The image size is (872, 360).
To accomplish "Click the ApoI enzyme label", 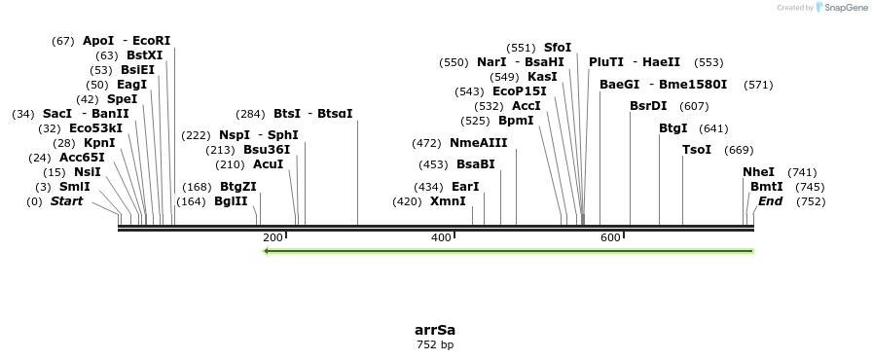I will point(98,41).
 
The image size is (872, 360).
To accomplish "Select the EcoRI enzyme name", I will point(151,41).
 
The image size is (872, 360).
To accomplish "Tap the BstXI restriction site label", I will point(144,55).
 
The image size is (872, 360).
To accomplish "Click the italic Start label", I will point(66,201).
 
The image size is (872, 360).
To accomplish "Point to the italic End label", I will point(770,201).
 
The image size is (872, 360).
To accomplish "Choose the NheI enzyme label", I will point(758,172).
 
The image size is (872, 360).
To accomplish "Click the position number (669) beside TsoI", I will point(740,150).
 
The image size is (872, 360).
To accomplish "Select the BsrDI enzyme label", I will point(648,106).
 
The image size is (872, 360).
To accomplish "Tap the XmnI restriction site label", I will point(449,201).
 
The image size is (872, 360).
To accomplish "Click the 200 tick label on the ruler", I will point(272,237).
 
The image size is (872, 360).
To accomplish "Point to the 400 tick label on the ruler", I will point(441,237).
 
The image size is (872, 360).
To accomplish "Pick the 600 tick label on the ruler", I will point(610,237).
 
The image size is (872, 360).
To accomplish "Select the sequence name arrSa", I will point(435,330).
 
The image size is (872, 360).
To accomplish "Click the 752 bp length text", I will point(435,344).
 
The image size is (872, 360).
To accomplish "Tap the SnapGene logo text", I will point(842,7).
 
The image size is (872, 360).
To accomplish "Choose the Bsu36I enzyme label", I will point(267,150).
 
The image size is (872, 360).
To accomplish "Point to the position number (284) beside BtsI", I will point(250,114).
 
